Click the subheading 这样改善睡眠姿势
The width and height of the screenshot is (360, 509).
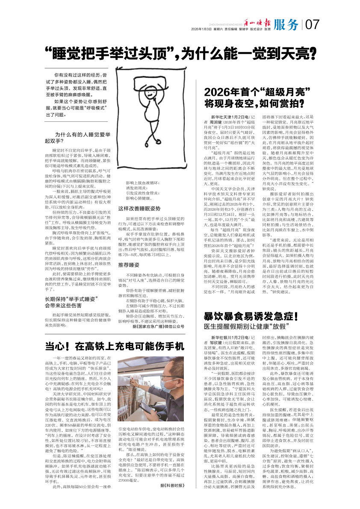139,209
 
